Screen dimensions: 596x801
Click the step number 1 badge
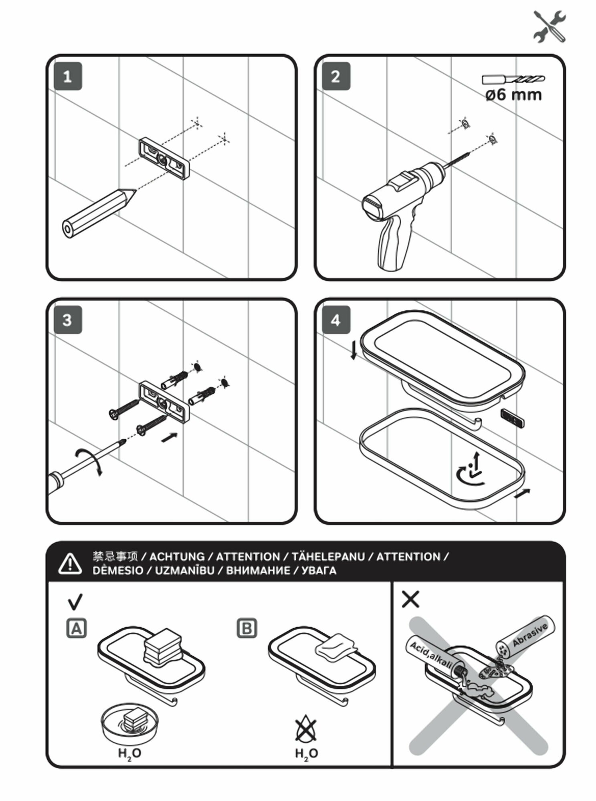point(68,76)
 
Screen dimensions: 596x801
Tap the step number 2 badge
point(336,76)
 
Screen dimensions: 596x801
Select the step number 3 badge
point(68,320)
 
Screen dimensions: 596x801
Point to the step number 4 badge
point(336,320)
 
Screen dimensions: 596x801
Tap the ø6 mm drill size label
point(513,95)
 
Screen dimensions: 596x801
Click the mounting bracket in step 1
point(165,159)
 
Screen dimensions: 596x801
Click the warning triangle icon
point(70,563)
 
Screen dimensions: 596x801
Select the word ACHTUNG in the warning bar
point(177,557)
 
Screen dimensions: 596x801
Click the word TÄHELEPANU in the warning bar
point(328,557)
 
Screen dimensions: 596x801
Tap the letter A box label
point(76,628)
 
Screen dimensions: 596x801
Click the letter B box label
point(247,628)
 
